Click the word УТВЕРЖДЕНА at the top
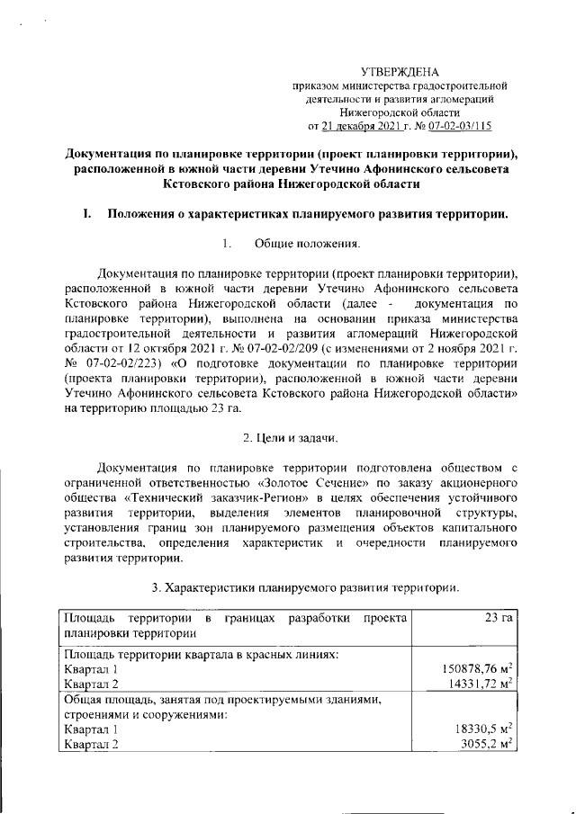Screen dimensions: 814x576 click(399, 71)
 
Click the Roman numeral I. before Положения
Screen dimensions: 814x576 click(88, 214)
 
